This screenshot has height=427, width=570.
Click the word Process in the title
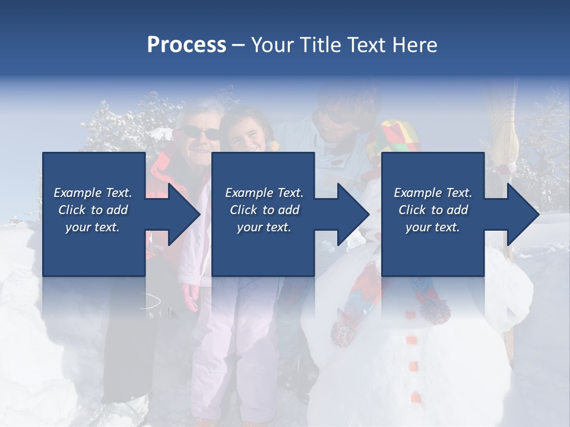tap(186, 45)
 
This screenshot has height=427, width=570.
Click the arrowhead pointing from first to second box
tap(183, 214)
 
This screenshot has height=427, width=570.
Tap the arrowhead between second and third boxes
tap(353, 214)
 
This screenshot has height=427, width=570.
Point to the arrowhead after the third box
tap(522, 214)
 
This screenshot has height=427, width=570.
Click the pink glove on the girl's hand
tap(191, 297)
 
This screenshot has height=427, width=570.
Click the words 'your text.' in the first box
tap(93, 227)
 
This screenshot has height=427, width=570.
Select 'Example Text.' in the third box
tap(433, 193)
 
